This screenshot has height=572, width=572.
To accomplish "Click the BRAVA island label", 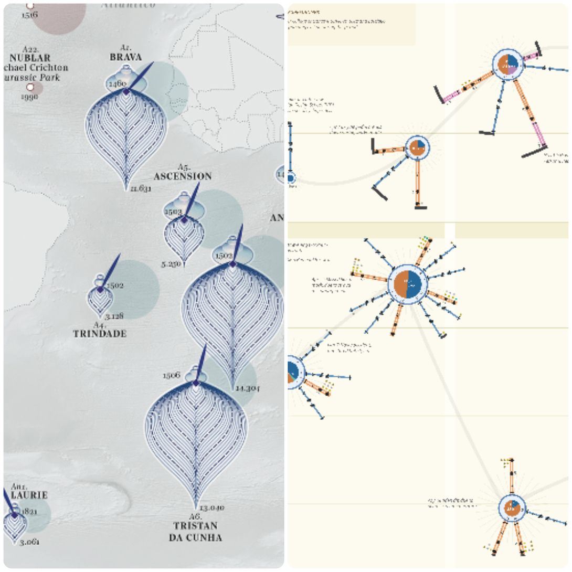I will pos(126,57).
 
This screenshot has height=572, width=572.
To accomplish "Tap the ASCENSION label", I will pos(183,176).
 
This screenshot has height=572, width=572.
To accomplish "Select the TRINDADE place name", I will pos(100,334).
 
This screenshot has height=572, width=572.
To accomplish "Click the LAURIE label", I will pos(28,495).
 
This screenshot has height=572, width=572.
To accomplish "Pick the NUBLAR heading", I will pos(29,58).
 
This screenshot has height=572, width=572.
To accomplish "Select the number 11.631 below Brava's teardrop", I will pos(141,188).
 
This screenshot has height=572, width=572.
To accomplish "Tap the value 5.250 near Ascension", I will pos(172,264).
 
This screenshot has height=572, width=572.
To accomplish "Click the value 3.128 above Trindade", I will pos(114,316).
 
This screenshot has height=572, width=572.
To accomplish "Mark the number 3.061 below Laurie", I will pos(29,542).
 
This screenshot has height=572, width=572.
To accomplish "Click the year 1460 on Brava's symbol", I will pos(116,83).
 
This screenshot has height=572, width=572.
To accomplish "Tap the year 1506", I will pos(172,375).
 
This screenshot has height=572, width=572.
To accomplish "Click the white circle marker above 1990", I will pos(30,87).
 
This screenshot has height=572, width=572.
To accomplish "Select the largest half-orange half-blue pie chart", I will pos(408,284).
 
